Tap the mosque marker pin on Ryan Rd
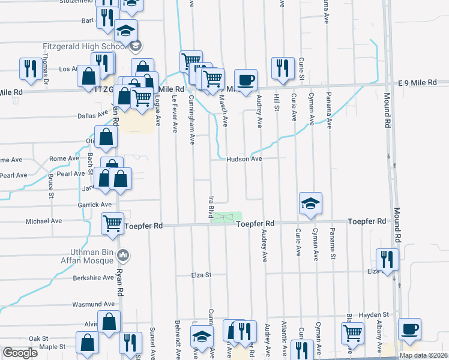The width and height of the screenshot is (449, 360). point(123,255)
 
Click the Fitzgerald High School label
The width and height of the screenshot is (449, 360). point(84,46)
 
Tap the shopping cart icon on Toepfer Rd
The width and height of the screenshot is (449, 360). point(112,224)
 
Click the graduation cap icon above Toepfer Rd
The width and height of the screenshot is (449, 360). point(310,203)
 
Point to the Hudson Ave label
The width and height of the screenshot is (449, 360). point(244,159)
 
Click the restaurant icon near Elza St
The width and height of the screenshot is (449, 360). point(387,259)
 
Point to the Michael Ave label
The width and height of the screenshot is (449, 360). point(43,221)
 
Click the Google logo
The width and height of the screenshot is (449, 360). point(20,353)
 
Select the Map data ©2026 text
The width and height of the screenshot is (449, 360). point(423,355)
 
